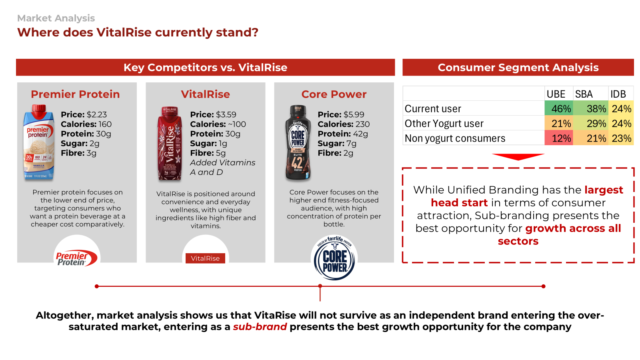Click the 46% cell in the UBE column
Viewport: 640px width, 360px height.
(x=558, y=108)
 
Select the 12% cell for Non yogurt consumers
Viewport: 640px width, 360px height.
(x=558, y=138)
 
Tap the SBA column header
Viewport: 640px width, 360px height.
(x=584, y=94)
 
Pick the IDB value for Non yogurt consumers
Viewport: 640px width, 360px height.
(x=621, y=138)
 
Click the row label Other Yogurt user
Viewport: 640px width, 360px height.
(x=444, y=124)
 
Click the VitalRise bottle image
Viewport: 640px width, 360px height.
(x=170, y=144)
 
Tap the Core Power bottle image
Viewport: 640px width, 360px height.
(x=298, y=142)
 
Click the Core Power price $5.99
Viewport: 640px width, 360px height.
(x=354, y=114)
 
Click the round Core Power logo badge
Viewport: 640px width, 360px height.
(x=334, y=258)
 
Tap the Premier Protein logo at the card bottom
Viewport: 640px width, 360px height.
(x=76, y=258)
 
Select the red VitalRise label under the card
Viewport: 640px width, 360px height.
(x=205, y=258)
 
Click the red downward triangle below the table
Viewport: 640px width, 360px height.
(x=518, y=157)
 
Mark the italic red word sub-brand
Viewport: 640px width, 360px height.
(x=260, y=326)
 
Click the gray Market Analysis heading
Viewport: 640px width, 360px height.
(x=56, y=18)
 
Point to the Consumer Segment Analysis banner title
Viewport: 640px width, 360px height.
(x=518, y=68)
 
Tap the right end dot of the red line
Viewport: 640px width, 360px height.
(x=544, y=286)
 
